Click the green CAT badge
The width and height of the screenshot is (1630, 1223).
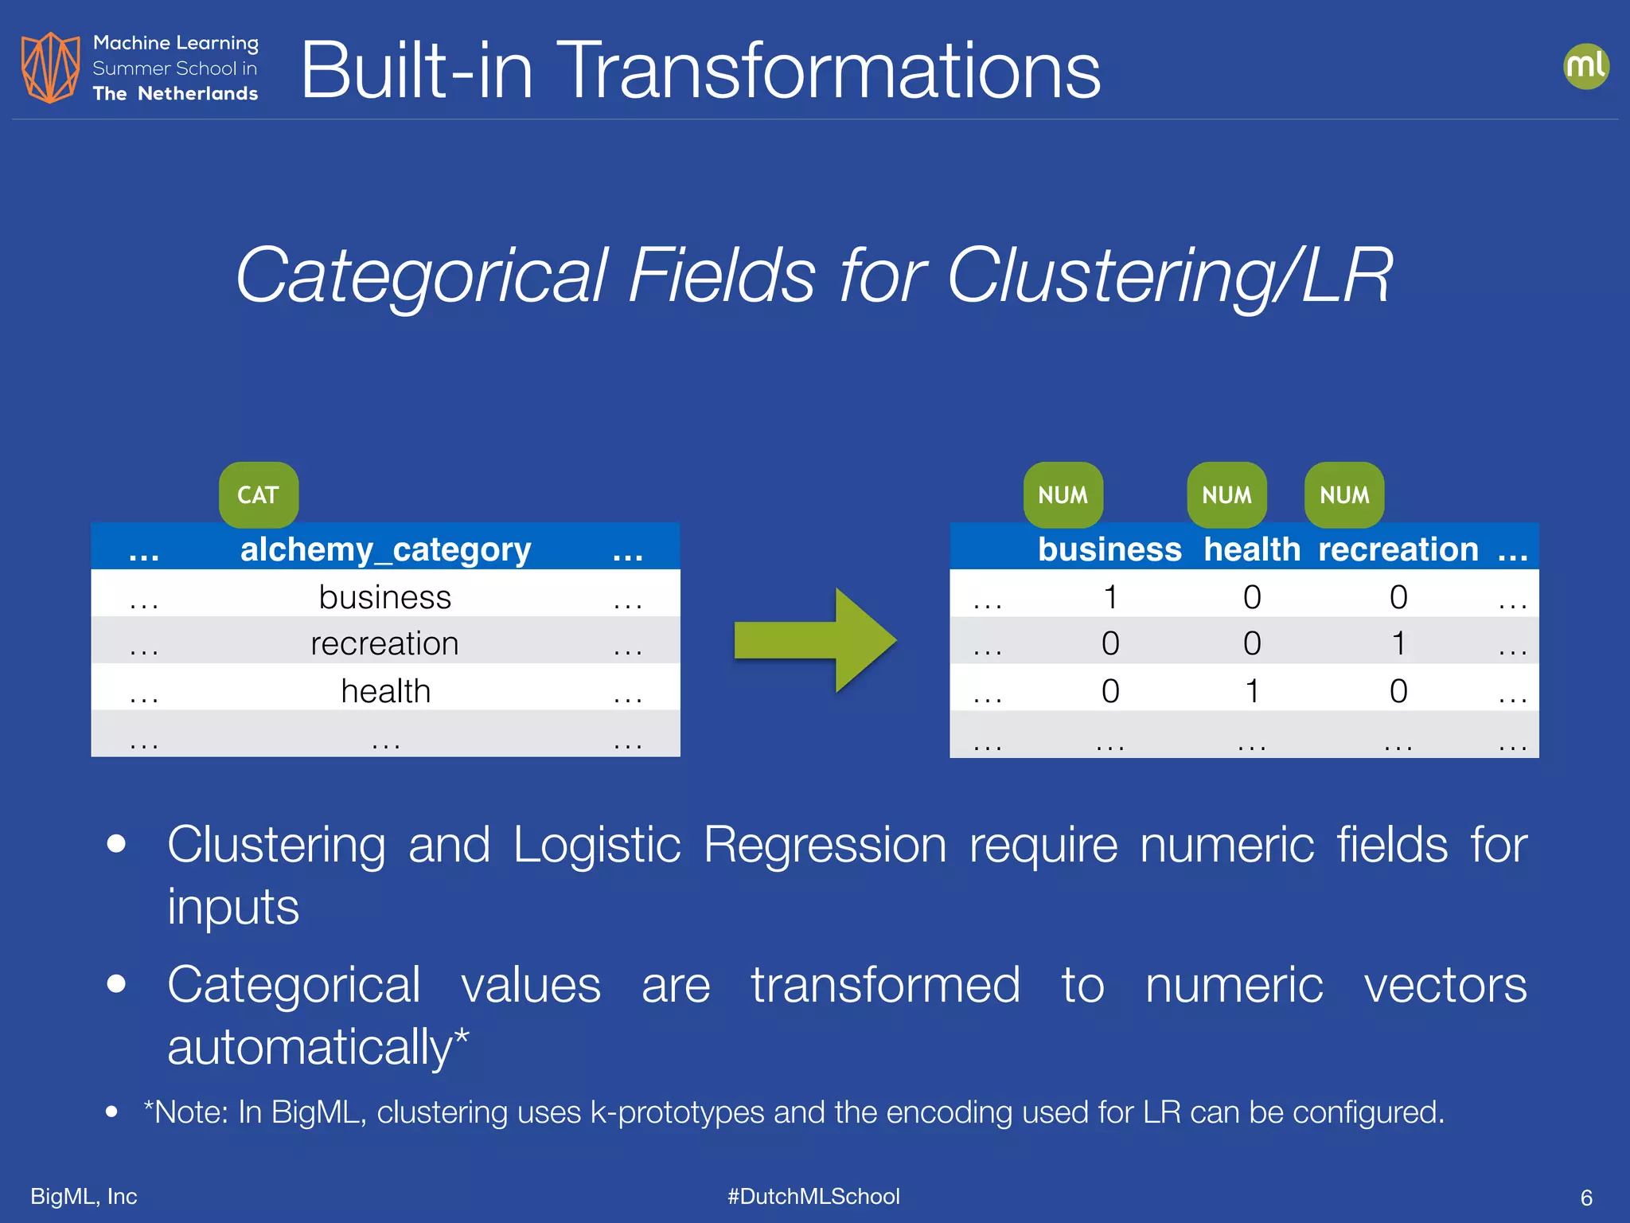[x=259, y=494]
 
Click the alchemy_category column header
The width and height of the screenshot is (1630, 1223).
[x=385, y=549]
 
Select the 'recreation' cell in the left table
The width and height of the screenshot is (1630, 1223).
[x=384, y=643]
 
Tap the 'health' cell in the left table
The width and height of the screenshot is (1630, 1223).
[x=385, y=690]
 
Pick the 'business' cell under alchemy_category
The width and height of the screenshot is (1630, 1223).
[x=384, y=597]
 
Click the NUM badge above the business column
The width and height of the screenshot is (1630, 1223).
[x=1063, y=494]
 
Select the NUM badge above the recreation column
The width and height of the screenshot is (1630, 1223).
[x=1344, y=494]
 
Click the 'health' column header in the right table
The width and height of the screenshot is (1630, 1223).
[x=1251, y=549]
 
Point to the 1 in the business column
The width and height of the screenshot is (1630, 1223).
[x=1110, y=597]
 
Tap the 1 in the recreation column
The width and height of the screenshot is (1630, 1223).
[x=1398, y=643]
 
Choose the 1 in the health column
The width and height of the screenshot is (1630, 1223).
[x=1252, y=690]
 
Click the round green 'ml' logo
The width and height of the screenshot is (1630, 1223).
[x=1585, y=66]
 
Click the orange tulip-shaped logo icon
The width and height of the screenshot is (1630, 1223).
[x=50, y=68]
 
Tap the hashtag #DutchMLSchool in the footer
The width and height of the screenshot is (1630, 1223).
[x=813, y=1196]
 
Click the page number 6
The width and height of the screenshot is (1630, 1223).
[x=1585, y=1198]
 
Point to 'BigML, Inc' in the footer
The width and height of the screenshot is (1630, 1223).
[x=84, y=1196]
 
